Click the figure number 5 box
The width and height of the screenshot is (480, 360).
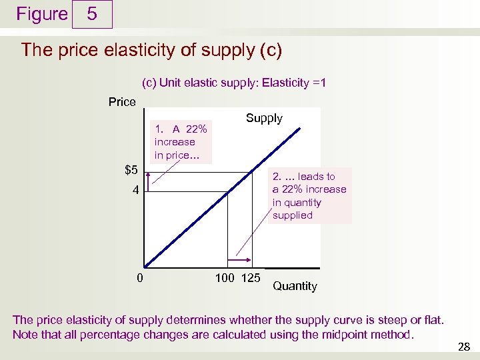pos(92,14)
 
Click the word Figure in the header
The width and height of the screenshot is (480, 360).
pos(42,14)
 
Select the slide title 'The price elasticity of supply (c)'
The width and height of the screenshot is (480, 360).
pos(152,50)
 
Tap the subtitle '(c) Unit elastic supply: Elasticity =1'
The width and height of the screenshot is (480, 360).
pos(234,83)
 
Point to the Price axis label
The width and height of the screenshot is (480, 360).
pos(122,102)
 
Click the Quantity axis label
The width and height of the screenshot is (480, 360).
pos(295,286)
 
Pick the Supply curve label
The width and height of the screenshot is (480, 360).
pos(264,118)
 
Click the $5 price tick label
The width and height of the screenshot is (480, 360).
pos(131,169)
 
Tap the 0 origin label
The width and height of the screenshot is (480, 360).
pos(139,277)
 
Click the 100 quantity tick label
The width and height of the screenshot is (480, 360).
pos(225,277)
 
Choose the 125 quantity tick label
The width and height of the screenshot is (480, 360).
pos(249,277)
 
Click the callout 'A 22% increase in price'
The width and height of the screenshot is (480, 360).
pos(181,142)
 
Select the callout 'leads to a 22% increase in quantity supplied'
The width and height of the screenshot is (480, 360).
pos(309,195)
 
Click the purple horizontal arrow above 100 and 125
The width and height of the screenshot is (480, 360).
pos(239,260)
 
